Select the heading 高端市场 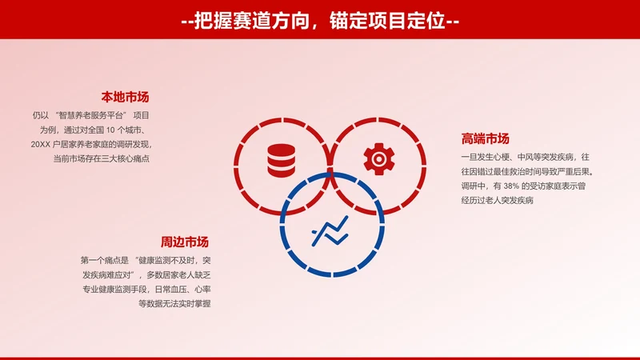(x=486, y=138)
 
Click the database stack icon (x=281, y=158)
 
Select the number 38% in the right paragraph (x=517, y=186)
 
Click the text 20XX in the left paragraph (x=41, y=144)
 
